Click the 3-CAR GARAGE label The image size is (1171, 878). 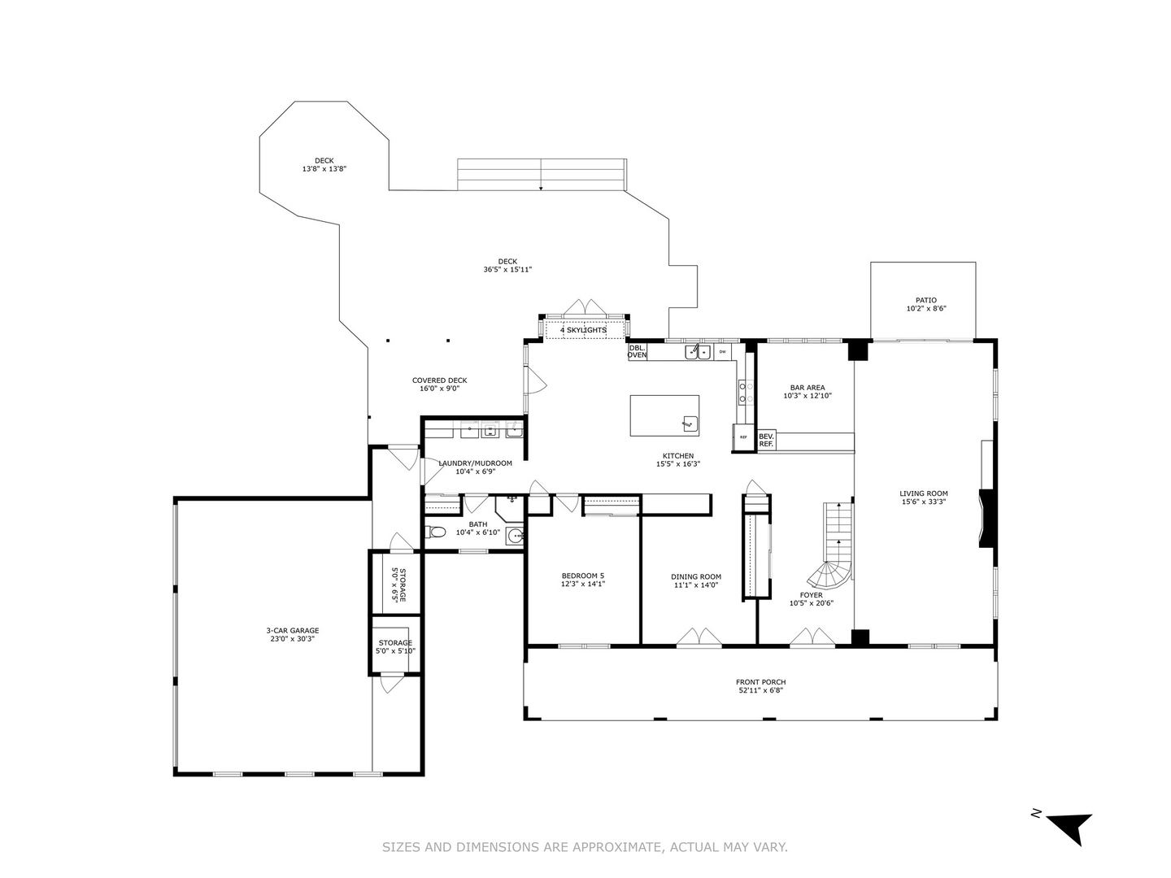(x=293, y=630)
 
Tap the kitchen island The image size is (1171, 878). (x=664, y=415)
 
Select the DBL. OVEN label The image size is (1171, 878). (x=638, y=351)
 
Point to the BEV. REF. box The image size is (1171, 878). (x=766, y=441)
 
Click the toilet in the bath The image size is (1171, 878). (x=437, y=533)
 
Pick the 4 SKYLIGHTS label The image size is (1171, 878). (x=583, y=330)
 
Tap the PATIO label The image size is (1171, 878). (x=926, y=300)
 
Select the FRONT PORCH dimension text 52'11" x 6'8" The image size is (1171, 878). (x=760, y=691)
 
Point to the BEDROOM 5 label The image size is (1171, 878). (x=583, y=575)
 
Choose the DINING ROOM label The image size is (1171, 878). (x=696, y=577)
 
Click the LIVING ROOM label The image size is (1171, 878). (x=924, y=493)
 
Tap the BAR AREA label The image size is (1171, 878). (x=808, y=388)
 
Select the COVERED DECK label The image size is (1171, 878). (x=439, y=380)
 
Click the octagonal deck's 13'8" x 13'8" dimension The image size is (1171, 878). (x=324, y=169)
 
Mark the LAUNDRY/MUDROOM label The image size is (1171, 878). (x=476, y=463)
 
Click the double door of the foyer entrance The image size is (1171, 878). (x=812, y=638)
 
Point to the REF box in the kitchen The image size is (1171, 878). (x=743, y=437)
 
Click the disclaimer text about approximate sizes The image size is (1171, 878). (x=585, y=847)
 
